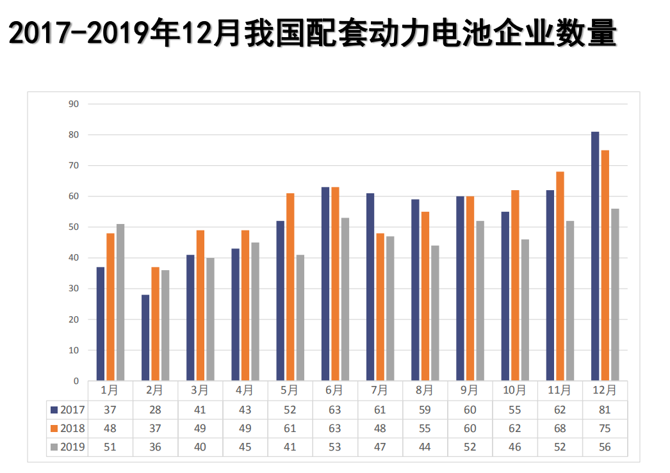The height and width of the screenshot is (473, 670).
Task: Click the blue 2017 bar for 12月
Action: [x=595, y=256]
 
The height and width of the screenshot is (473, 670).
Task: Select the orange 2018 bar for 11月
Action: [x=560, y=276]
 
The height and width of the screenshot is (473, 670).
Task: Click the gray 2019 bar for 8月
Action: [x=435, y=313]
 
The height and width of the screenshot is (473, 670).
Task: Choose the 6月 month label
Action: [x=334, y=390]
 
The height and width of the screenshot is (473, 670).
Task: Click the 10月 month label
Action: [x=514, y=390]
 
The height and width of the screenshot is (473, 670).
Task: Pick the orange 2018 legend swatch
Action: [x=54, y=428]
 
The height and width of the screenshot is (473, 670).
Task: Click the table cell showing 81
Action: [x=604, y=410]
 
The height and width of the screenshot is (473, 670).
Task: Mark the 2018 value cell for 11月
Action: [x=560, y=428]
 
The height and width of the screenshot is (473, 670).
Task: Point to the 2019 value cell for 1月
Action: [x=110, y=447]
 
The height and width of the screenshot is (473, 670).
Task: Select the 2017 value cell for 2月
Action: [x=155, y=410]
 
